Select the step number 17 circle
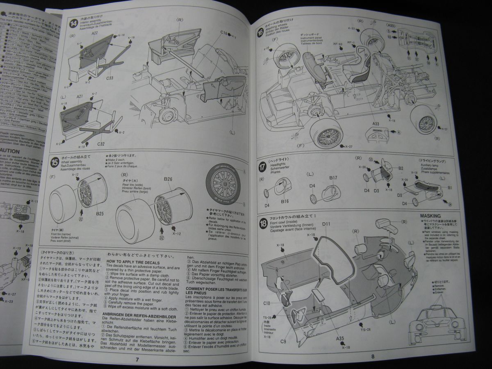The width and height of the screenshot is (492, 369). pyautogui.click(x=262, y=167)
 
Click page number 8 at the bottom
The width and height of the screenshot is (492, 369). pyautogui.click(x=373, y=356)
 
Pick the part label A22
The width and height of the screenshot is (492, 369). pyautogui.click(x=95, y=33)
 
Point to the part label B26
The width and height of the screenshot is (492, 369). pyautogui.click(x=168, y=179)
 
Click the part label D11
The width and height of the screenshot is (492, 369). pyautogui.click(x=327, y=224)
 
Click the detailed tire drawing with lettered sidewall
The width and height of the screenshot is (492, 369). pyautogui.click(x=225, y=184)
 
